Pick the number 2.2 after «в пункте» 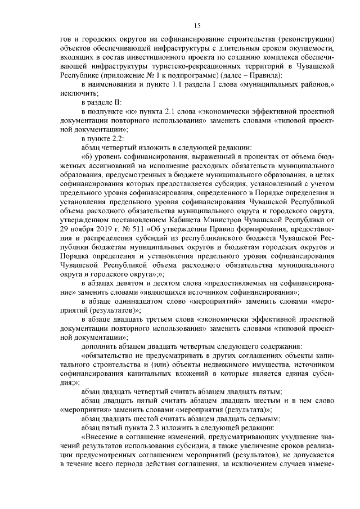tap(121, 138)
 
